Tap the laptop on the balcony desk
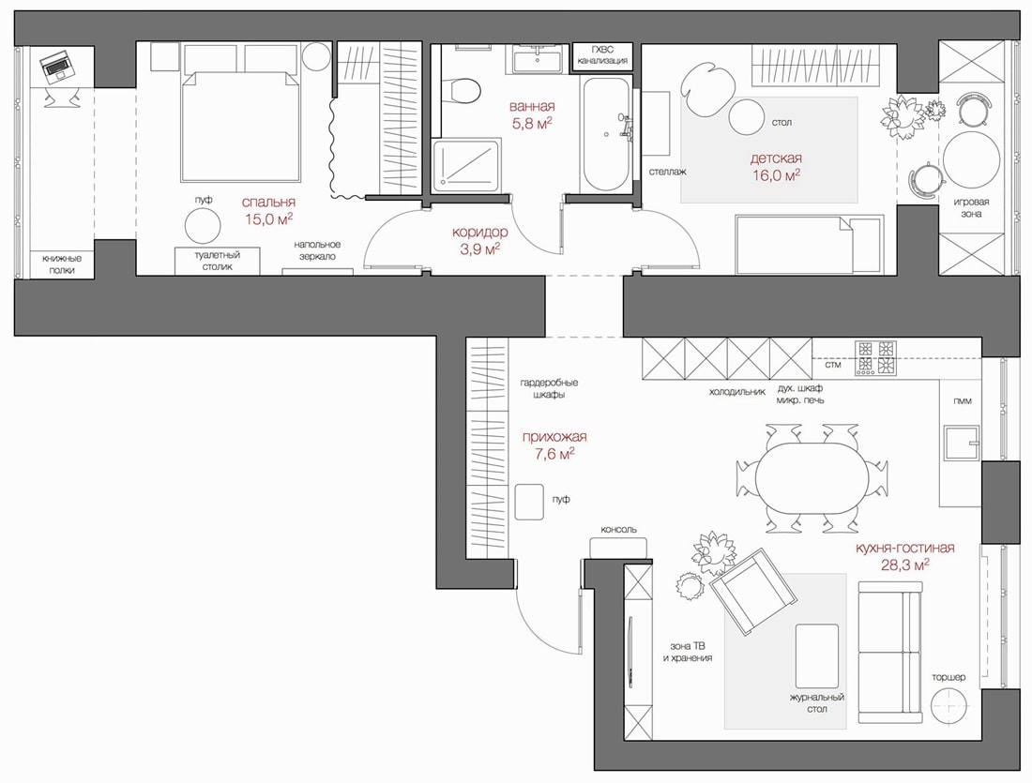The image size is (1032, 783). pos(56,66)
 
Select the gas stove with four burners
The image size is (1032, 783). pos(875,358)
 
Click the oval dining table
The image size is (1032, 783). pos(811,477)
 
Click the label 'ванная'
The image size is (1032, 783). pos(532,106)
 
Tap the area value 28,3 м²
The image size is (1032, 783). pos(905,564)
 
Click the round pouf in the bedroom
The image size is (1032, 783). pos(202,226)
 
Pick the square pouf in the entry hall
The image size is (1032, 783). pos(529,502)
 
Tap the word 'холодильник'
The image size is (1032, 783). pos(737,392)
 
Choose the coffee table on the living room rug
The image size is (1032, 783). pos(817,655)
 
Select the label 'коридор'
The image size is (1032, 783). pos(479,233)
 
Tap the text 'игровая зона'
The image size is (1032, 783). pos(971,208)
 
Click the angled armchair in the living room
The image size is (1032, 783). pos(753,591)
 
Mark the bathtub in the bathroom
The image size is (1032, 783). pos(605,134)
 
